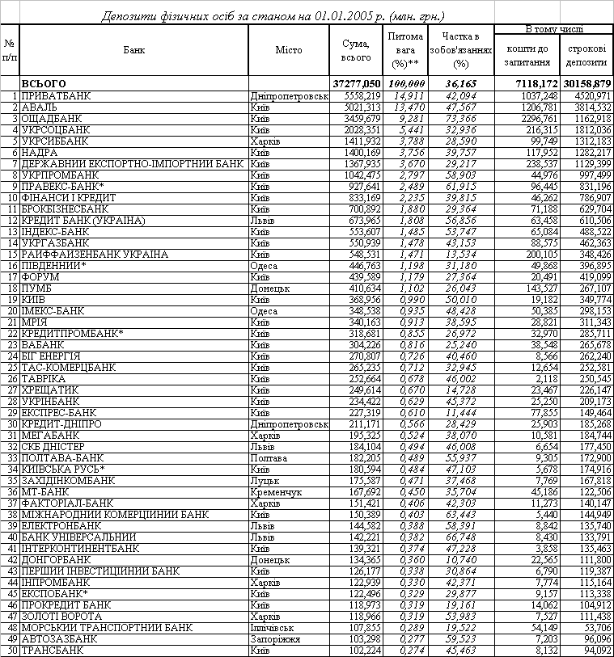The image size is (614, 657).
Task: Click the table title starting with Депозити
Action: point(271,16)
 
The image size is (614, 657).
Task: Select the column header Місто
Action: point(288,50)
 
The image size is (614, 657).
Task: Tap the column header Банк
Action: point(135,50)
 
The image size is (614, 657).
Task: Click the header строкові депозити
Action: point(586,55)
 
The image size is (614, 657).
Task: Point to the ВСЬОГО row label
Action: point(44,83)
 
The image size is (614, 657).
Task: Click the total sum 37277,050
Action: point(357,83)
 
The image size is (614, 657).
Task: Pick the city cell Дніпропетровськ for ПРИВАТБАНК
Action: point(289,95)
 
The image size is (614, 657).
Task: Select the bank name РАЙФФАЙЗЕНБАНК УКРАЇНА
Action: point(95,254)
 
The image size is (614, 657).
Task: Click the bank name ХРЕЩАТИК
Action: point(50,390)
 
